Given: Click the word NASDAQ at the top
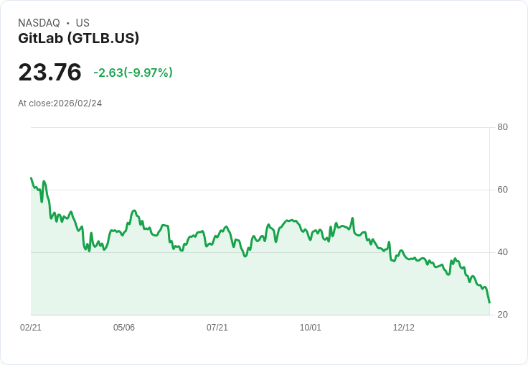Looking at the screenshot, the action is pyautogui.click(x=39, y=23).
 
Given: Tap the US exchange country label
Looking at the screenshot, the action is pyautogui.click(x=82, y=23).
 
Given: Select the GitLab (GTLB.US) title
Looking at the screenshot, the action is pyautogui.click(x=78, y=38).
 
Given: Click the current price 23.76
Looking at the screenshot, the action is pyautogui.click(x=49, y=72).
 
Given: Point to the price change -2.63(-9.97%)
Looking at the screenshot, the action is pyautogui.click(x=133, y=73).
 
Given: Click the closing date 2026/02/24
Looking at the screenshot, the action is pyautogui.click(x=77, y=103).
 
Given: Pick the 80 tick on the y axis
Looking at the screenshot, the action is pyautogui.click(x=502, y=127).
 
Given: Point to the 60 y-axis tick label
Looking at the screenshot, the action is pyautogui.click(x=502, y=190).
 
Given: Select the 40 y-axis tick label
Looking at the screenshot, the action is pyautogui.click(x=502, y=252).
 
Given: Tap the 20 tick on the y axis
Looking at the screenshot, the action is pyautogui.click(x=502, y=315).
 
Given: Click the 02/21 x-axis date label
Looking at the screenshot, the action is pyautogui.click(x=31, y=328).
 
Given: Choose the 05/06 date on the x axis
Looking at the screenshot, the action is pyautogui.click(x=124, y=328).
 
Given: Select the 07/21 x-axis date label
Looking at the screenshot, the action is pyautogui.click(x=217, y=328).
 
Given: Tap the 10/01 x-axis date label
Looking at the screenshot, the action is pyautogui.click(x=311, y=328).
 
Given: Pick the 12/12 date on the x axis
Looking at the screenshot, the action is pyautogui.click(x=404, y=328).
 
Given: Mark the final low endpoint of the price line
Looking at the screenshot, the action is pyautogui.click(x=489, y=302).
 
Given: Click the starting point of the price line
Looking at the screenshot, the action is pyautogui.click(x=32, y=177).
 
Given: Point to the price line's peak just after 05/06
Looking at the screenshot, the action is pyautogui.click(x=134, y=211).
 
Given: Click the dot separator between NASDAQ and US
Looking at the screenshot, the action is pyautogui.click(x=67, y=23).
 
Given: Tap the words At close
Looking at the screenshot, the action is pyautogui.click(x=34, y=103).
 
